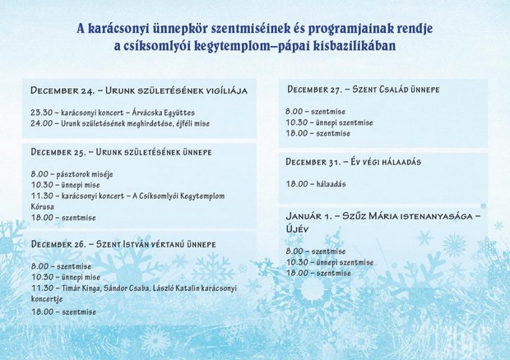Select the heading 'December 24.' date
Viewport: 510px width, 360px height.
pyautogui.click(x=63, y=90)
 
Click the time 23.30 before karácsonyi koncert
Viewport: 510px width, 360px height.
pyautogui.click(x=42, y=113)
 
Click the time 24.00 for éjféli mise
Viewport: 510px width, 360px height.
pyautogui.click(x=42, y=123)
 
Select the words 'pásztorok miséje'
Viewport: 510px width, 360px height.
pyautogui.click(x=85, y=174)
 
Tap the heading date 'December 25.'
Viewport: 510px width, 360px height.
pyautogui.click(x=58, y=152)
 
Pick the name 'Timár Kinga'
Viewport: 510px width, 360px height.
pyautogui.click(x=78, y=288)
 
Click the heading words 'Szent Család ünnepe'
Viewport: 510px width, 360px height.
pyautogui.click(x=396, y=90)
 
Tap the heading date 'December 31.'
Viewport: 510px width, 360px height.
pyautogui.click(x=313, y=162)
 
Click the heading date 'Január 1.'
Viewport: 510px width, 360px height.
pyautogui.click(x=309, y=216)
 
